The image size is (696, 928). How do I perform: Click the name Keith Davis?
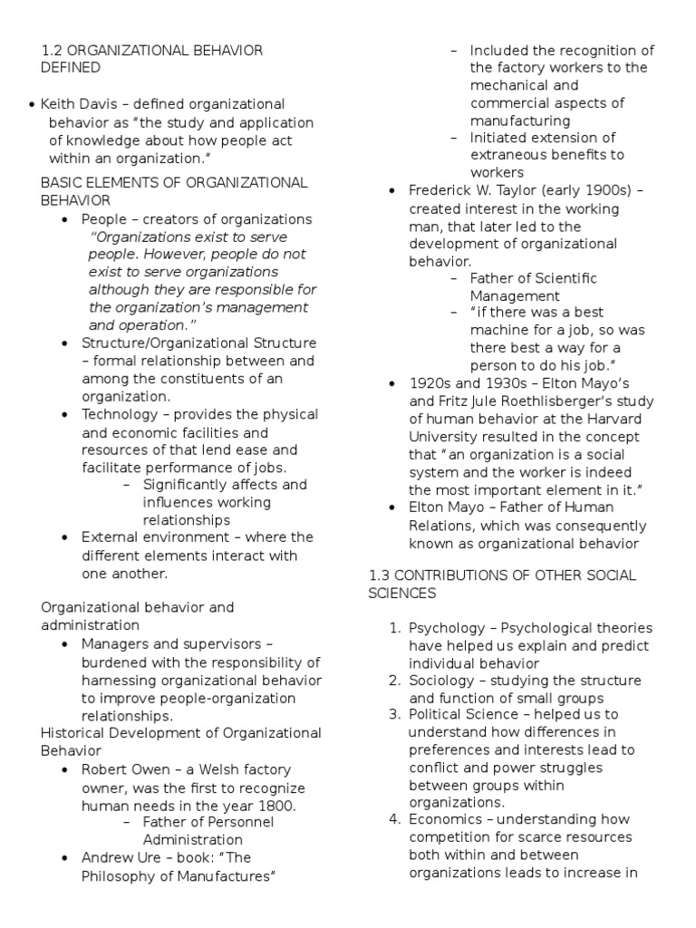[x=82, y=104]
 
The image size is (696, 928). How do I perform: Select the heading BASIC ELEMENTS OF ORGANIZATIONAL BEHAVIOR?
[x=174, y=191]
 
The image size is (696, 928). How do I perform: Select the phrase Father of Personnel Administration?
[x=208, y=831]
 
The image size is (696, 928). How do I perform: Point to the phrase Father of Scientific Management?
[x=533, y=287]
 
